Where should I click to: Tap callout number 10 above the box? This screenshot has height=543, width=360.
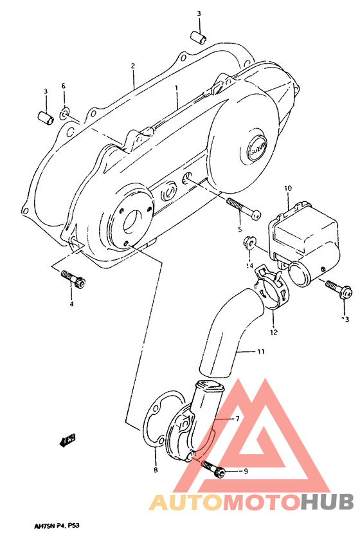click(287, 188)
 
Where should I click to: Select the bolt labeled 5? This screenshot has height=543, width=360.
click(242, 207)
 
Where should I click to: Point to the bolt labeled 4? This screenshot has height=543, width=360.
click(75, 279)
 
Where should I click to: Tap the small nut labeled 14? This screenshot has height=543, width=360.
click(248, 244)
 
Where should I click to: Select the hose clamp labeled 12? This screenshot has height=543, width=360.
click(270, 290)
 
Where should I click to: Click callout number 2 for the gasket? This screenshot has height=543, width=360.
click(132, 66)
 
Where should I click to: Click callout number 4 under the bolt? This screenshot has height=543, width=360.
click(71, 304)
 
